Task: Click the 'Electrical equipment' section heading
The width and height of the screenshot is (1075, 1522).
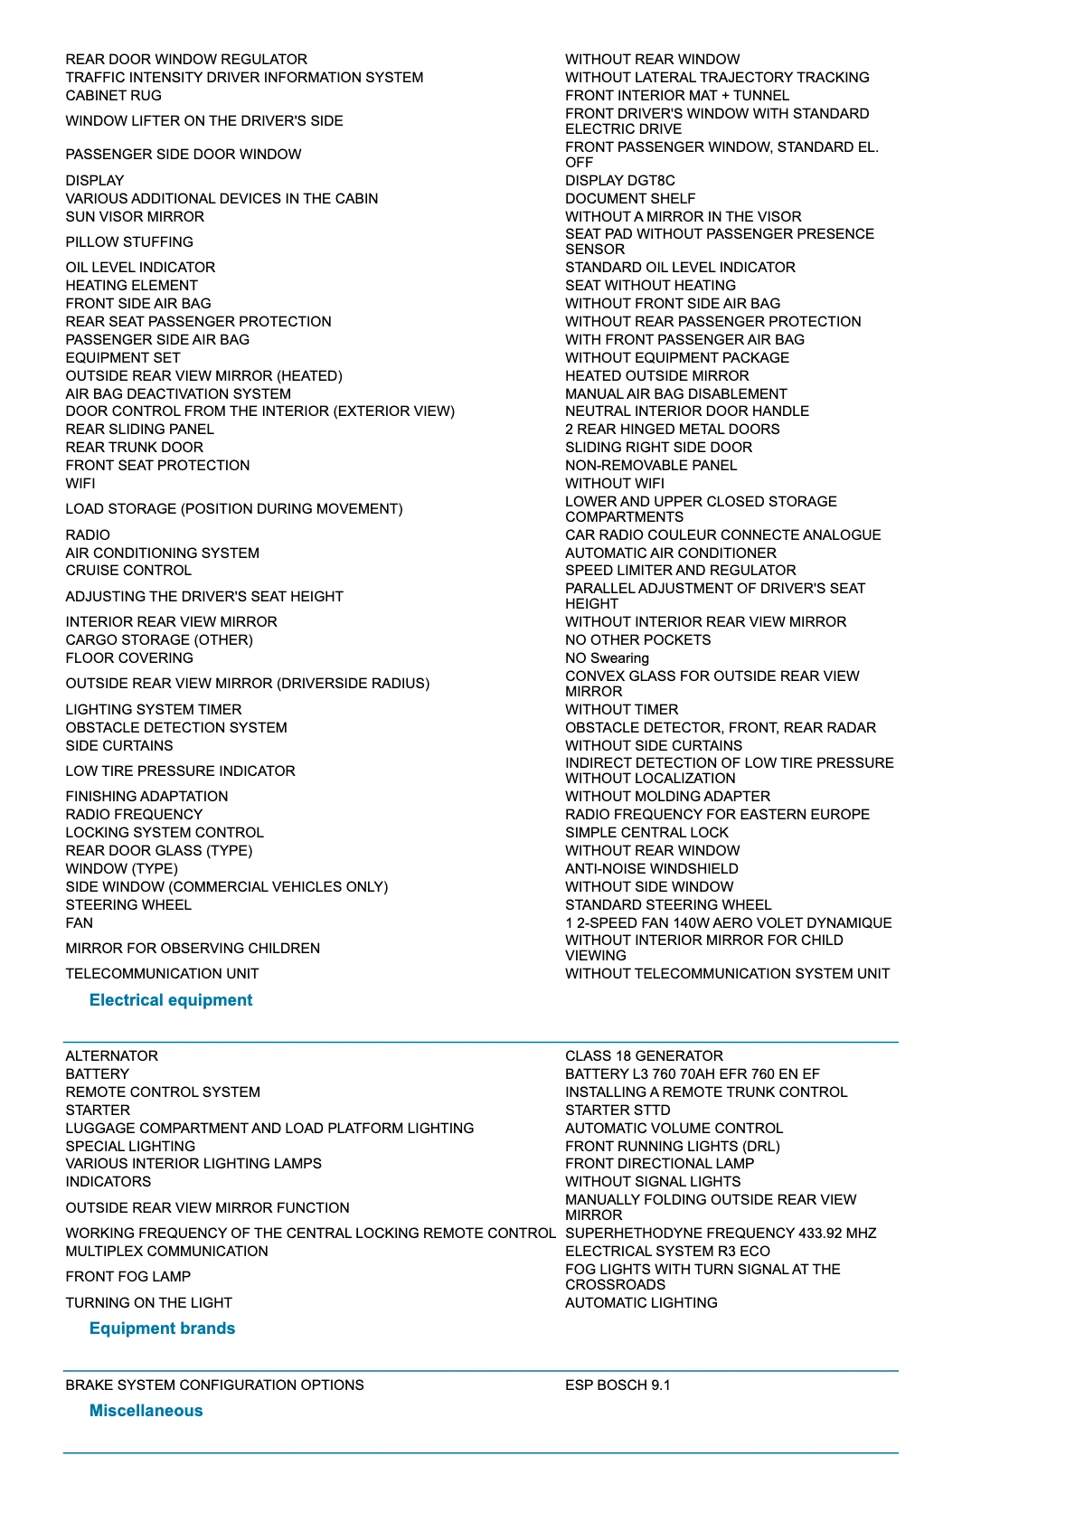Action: click(x=171, y=1000)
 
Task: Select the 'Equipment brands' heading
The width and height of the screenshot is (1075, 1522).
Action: click(x=162, y=1328)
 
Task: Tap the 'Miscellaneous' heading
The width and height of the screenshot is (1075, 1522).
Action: click(x=146, y=1411)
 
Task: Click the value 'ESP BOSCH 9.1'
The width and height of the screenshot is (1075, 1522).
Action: click(x=618, y=1385)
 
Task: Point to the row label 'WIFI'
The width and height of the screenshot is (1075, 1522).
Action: click(x=80, y=484)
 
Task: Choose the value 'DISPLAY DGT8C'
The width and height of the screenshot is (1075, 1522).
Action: click(x=619, y=181)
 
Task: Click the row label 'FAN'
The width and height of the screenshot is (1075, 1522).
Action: click(x=79, y=923)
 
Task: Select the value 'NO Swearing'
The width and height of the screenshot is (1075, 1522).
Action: click(x=607, y=658)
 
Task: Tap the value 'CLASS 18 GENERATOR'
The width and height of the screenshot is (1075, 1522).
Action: click(x=644, y=1056)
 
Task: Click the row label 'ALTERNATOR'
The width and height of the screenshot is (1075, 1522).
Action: click(x=111, y=1056)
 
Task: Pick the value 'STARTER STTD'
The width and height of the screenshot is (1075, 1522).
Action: click(x=618, y=1111)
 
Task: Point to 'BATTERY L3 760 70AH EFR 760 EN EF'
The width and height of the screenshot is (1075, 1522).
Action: click(x=692, y=1074)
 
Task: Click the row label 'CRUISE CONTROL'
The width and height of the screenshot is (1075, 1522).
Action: click(x=128, y=571)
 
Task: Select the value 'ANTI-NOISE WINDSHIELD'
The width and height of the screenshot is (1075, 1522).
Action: click(x=651, y=869)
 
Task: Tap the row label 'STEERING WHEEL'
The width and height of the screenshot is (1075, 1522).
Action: click(x=128, y=905)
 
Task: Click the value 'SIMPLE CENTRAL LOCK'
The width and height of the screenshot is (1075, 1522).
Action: click(x=646, y=833)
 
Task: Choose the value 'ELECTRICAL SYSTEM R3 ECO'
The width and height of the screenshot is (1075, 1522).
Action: click(x=667, y=1252)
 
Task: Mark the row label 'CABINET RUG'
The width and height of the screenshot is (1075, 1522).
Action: click(x=113, y=96)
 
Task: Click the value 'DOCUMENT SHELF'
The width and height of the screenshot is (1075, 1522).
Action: click(x=630, y=199)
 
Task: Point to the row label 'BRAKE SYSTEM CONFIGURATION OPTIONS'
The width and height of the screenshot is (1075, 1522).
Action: click(x=214, y=1385)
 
